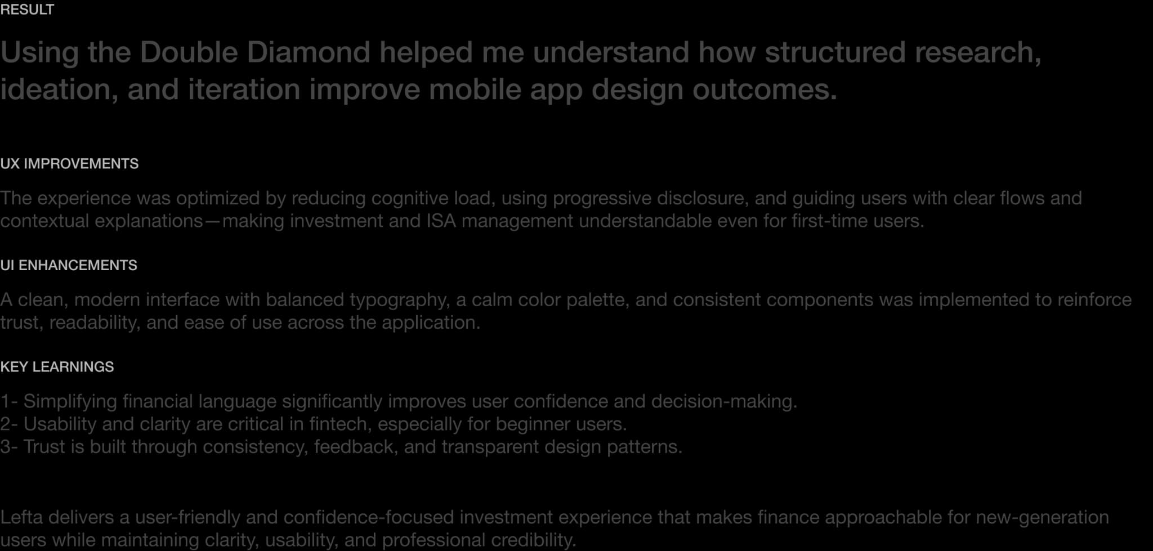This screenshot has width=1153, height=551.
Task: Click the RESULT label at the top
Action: [27, 10]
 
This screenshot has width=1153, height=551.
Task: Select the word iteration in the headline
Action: [244, 89]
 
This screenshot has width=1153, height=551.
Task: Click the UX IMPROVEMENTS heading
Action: [69, 164]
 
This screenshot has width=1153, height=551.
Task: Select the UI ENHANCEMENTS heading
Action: [69, 265]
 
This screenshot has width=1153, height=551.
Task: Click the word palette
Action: [597, 299]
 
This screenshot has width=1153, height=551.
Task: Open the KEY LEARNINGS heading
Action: [57, 367]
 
